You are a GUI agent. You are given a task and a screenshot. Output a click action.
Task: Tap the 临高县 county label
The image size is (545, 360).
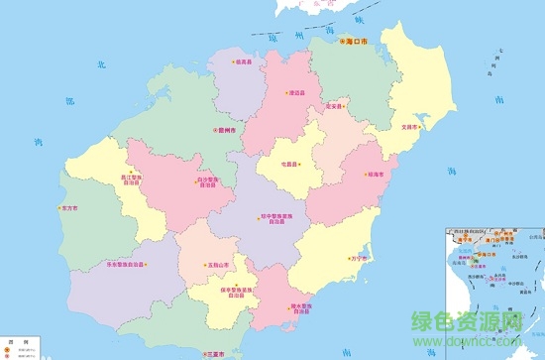244,61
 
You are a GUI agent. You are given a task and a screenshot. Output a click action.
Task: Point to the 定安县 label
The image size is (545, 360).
334,106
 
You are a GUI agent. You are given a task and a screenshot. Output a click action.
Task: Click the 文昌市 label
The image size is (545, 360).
409,127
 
